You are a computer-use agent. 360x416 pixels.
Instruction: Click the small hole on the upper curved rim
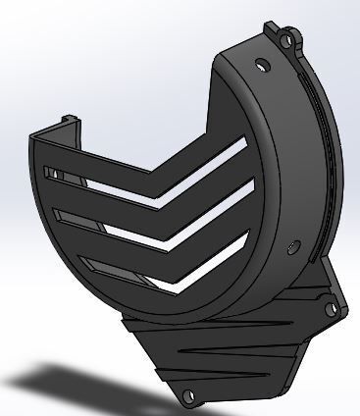click(261, 65)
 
